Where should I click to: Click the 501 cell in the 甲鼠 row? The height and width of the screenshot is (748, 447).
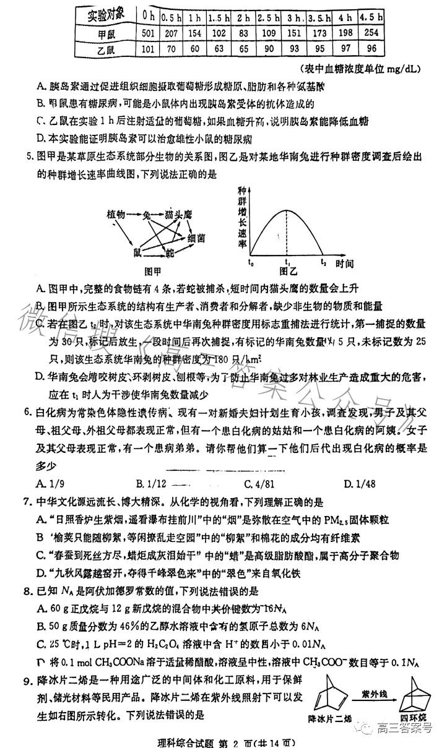[x=147, y=33]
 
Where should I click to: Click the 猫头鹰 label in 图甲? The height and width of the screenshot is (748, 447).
[x=178, y=215]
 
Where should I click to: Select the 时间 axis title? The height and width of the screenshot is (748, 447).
[x=345, y=263]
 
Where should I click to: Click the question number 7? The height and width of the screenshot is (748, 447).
[x=27, y=501]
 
